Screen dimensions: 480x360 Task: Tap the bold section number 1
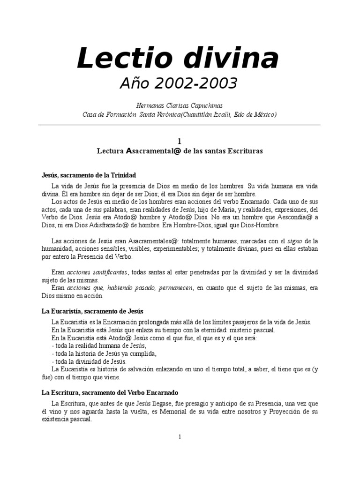pos(179,141)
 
